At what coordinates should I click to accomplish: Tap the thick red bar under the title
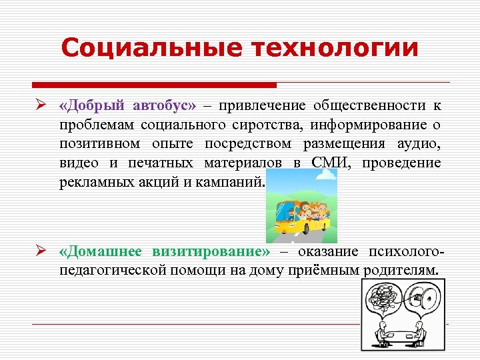point(154,85)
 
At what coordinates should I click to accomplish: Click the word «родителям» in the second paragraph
point(401,270)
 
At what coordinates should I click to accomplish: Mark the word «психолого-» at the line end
point(404,251)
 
